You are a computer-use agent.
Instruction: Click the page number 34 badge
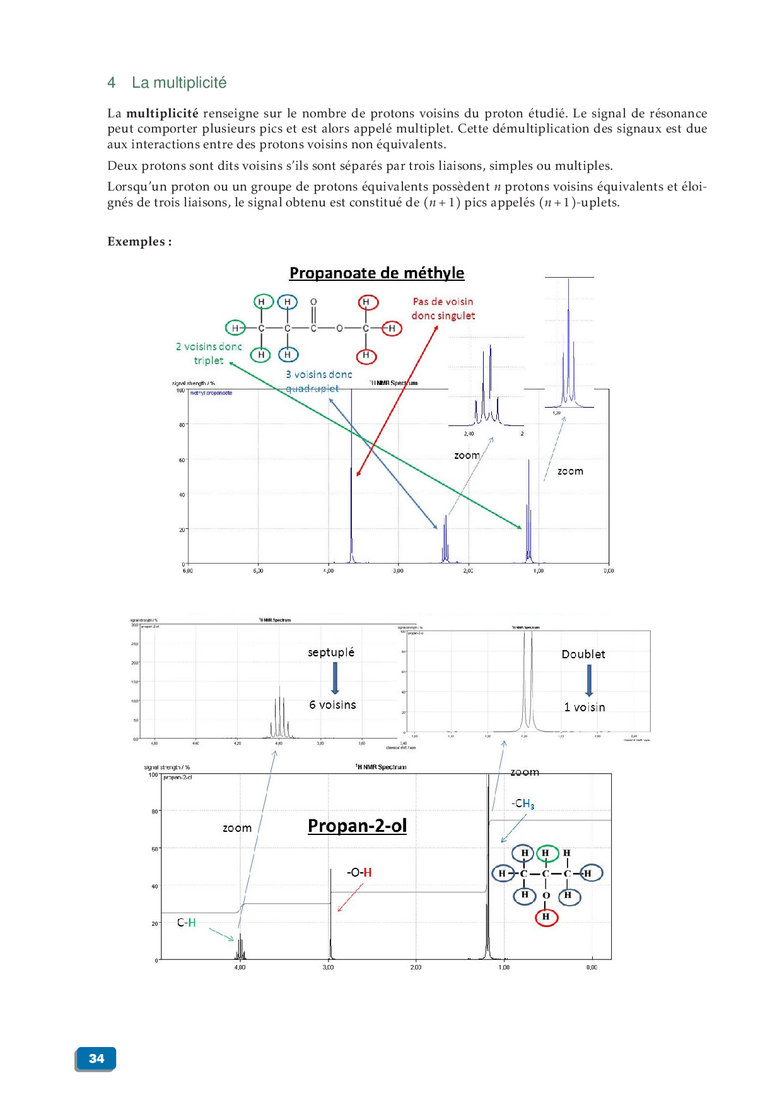pyautogui.click(x=96, y=1058)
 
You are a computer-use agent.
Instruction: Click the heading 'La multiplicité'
pyautogui.click(x=179, y=83)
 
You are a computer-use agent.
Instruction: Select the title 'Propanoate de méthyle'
pyautogui.click(x=376, y=273)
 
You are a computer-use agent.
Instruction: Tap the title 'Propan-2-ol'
pyautogui.click(x=357, y=826)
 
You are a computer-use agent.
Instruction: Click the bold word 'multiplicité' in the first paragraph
pyautogui.click(x=162, y=114)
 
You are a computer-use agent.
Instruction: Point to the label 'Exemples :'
pyautogui.click(x=139, y=242)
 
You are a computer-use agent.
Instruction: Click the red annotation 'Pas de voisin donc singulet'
pyautogui.click(x=443, y=309)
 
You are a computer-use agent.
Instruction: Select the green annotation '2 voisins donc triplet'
pyautogui.click(x=209, y=353)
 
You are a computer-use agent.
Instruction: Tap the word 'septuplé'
pyautogui.click(x=331, y=652)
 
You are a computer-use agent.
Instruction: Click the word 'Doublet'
pyautogui.click(x=583, y=654)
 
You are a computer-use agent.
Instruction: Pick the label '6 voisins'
pyautogui.click(x=332, y=705)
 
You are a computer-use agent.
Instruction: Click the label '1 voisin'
pyautogui.click(x=584, y=707)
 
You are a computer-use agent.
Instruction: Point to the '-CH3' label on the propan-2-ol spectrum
pyautogui.click(x=523, y=804)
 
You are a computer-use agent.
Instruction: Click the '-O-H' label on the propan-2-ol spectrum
pyautogui.click(x=359, y=872)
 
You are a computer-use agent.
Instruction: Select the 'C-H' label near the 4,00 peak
pyautogui.click(x=186, y=923)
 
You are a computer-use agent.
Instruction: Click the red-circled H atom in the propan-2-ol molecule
pyautogui.click(x=546, y=916)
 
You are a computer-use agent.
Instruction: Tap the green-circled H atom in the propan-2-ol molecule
pyautogui.click(x=546, y=853)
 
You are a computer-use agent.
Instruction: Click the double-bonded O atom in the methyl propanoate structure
pyautogui.click(x=313, y=302)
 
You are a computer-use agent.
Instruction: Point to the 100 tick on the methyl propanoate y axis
pyautogui.click(x=180, y=391)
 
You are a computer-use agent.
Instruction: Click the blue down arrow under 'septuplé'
pyautogui.click(x=335, y=678)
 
